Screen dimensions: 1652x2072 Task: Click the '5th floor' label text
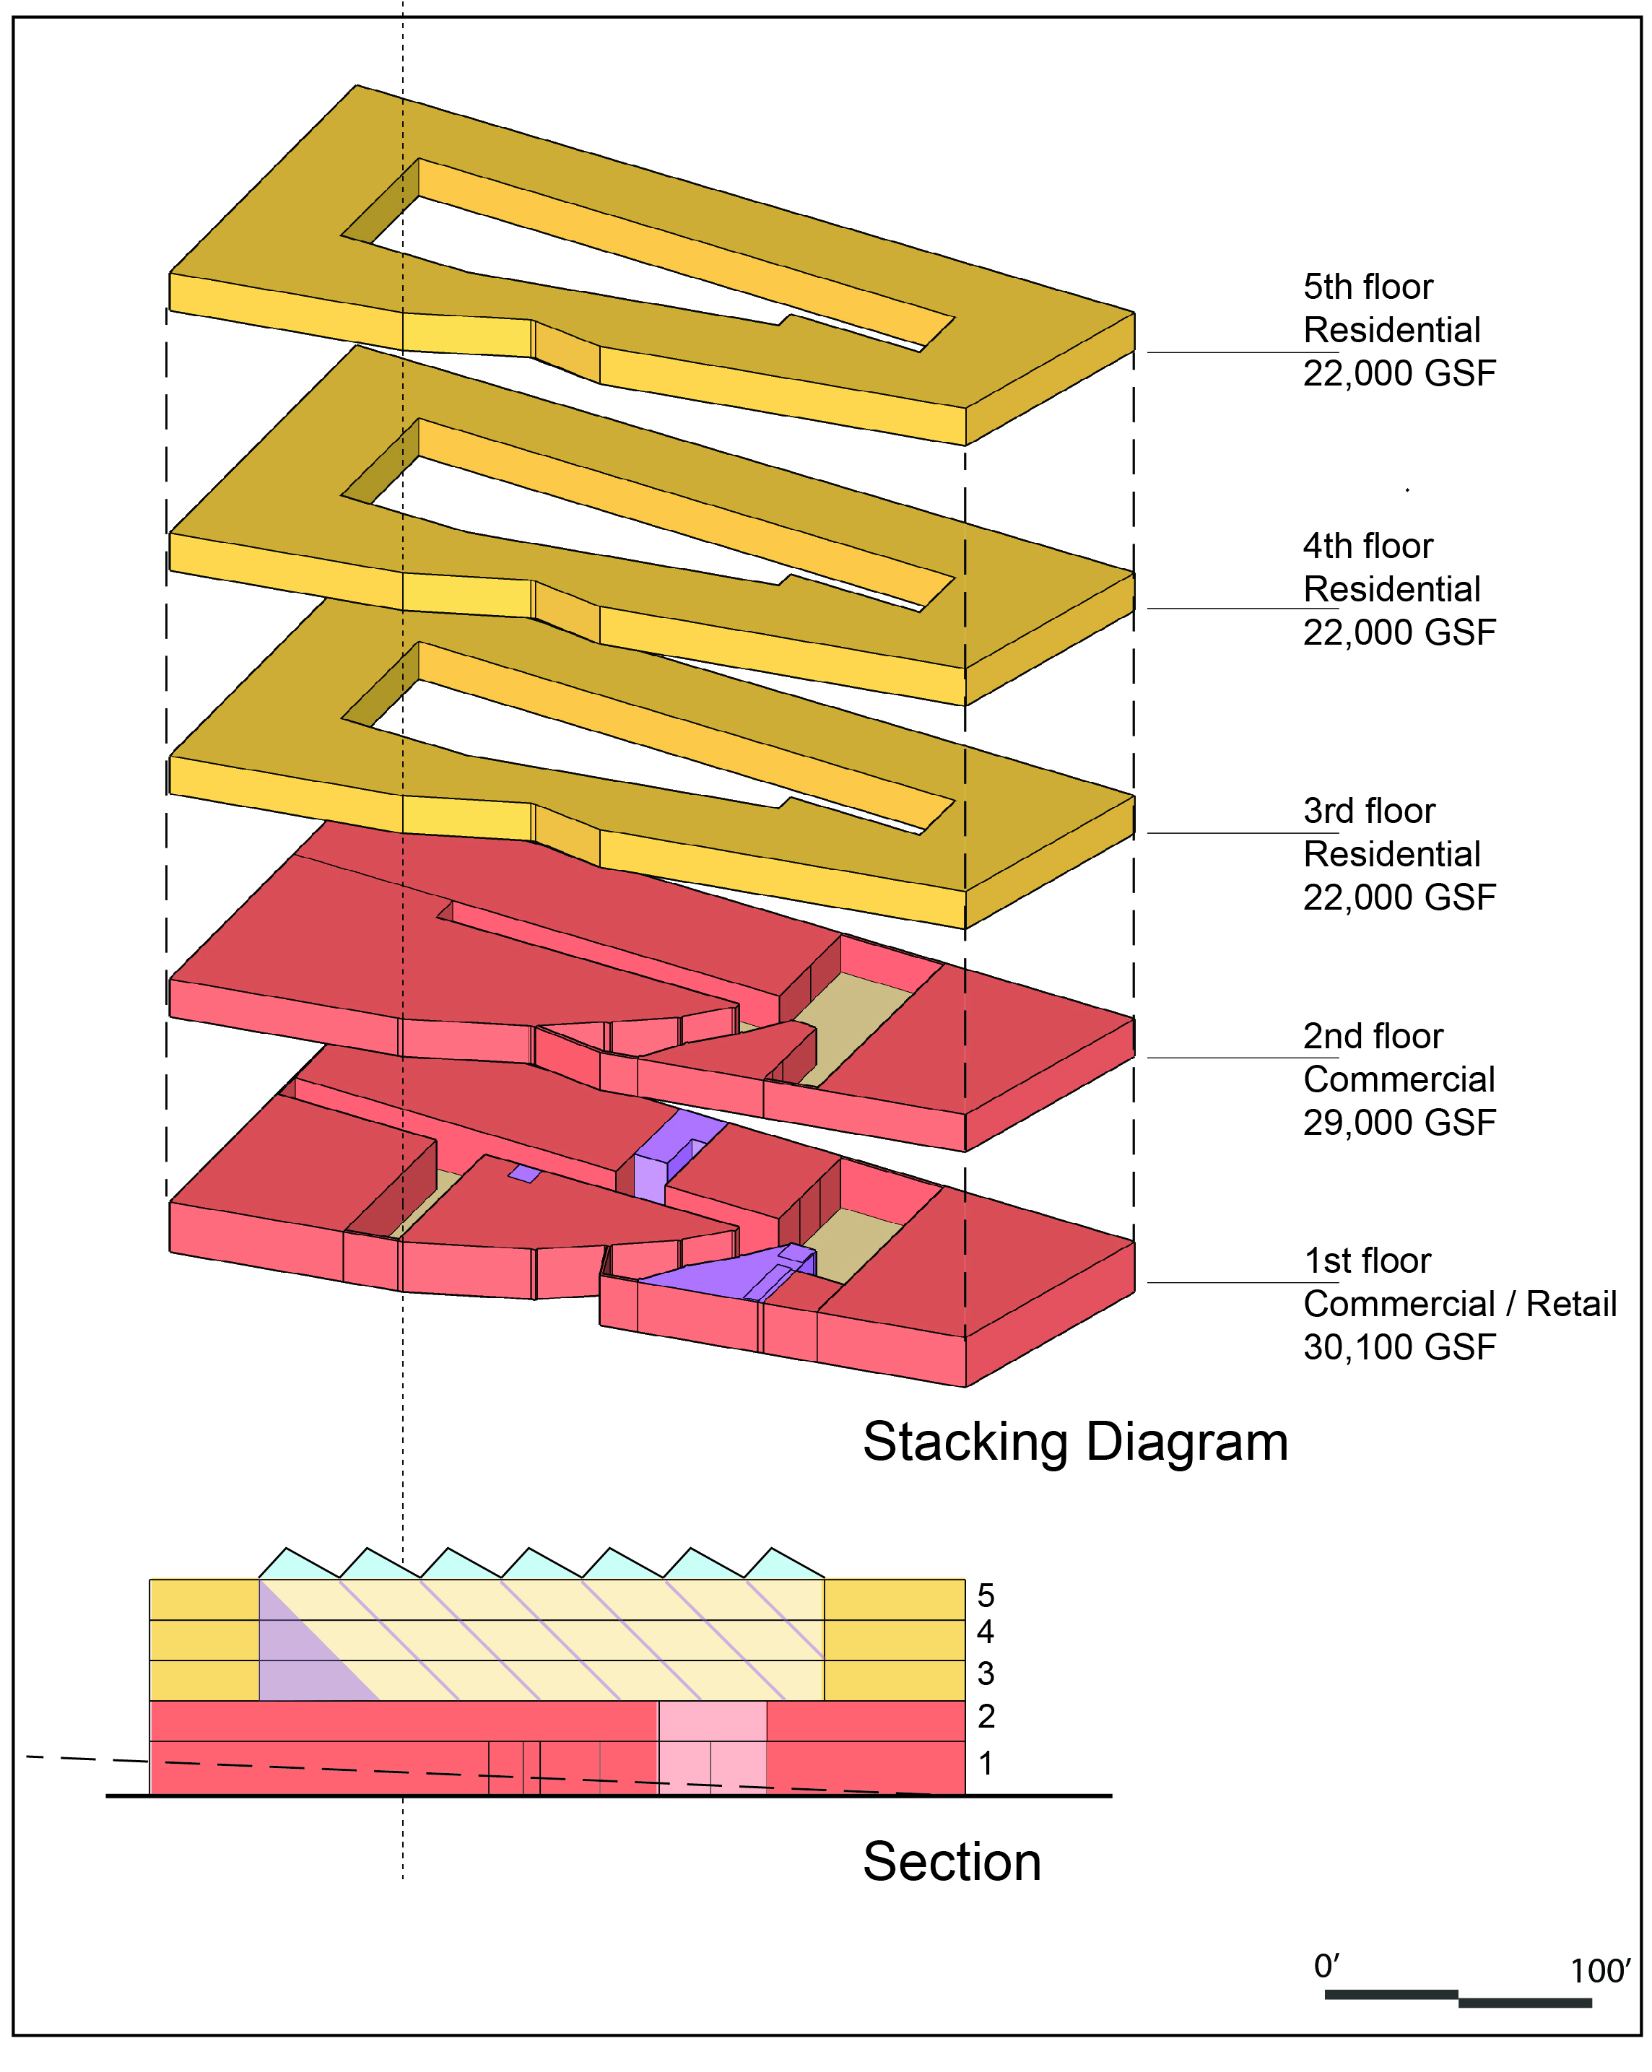(x=1368, y=287)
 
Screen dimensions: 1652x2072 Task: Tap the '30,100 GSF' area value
(x=1399, y=1347)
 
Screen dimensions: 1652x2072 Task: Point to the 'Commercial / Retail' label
(x=1460, y=1304)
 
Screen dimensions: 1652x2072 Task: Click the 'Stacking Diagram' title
(x=1075, y=1442)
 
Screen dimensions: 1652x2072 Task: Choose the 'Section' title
(x=952, y=1861)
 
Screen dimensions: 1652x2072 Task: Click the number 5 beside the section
(x=985, y=1596)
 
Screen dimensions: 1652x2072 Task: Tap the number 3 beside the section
(x=985, y=1674)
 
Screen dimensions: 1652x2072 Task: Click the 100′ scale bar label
(x=1600, y=1971)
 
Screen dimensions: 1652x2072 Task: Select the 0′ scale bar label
(x=1327, y=1967)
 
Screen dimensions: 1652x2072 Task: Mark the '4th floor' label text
(x=1368, y=546)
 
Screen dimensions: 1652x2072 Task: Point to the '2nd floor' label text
(x=1373, y=1036)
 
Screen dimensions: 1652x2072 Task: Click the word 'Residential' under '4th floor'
(x=1391, y=589)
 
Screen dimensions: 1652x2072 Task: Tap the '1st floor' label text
(x=1367, y=1261)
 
